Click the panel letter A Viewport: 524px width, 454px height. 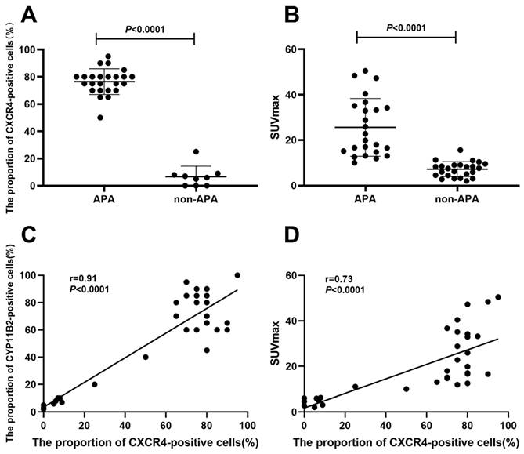(14, 13)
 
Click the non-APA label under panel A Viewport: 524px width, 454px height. (193, 200)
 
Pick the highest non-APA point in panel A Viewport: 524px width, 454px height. (196, 151)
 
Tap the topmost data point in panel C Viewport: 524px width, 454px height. (237, 275)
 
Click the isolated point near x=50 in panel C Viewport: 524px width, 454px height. (146, 358)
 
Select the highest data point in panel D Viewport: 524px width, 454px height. (497, 297)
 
